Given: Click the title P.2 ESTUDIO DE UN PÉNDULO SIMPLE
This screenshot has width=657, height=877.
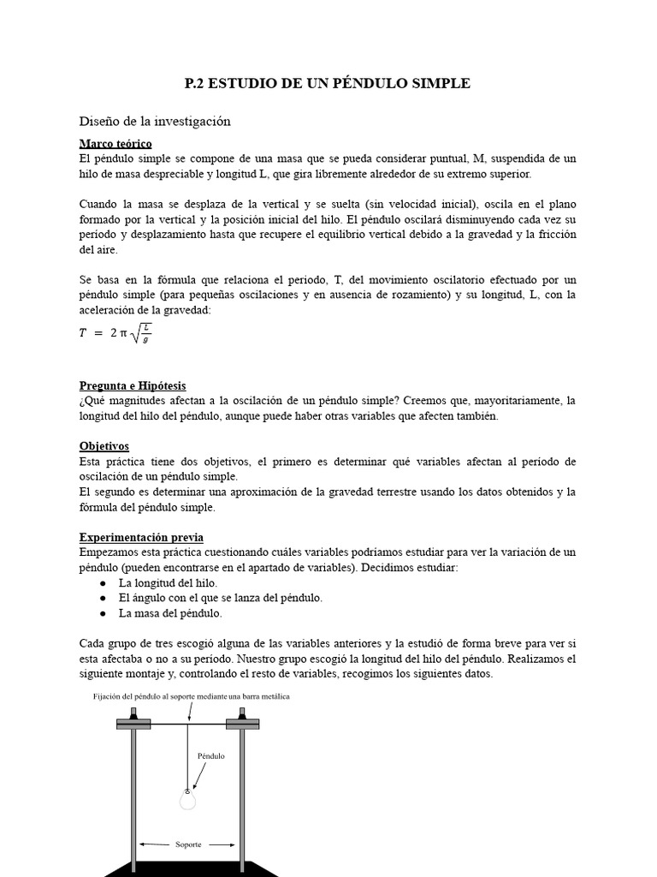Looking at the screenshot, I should tap(328, 83).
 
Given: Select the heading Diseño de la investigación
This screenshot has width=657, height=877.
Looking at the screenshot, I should tap(155, 122).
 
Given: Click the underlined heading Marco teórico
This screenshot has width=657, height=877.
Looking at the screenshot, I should tap(115, 143).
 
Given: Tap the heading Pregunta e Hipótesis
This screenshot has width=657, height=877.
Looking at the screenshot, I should tap(132, 385).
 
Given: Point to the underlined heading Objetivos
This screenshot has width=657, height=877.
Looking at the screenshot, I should tap(104, 446).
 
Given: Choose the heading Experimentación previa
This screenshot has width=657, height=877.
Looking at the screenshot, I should tap(141, 537).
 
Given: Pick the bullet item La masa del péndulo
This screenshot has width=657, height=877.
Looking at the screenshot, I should tap(170, 613).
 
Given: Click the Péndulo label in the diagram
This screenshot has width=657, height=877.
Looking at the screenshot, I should tap(211, 756).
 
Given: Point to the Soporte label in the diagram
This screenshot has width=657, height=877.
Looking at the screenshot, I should tap(188, 844).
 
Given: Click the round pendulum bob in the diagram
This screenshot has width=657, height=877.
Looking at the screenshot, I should tap(186, 801).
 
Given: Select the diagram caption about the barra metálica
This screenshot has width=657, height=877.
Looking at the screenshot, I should tap(192, 697).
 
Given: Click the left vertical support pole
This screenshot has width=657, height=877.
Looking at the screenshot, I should tap(133, 796).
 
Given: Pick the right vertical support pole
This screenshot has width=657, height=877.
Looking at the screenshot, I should tap(242, 796).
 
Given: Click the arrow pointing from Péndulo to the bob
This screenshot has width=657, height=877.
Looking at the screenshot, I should tap(198, 776).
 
